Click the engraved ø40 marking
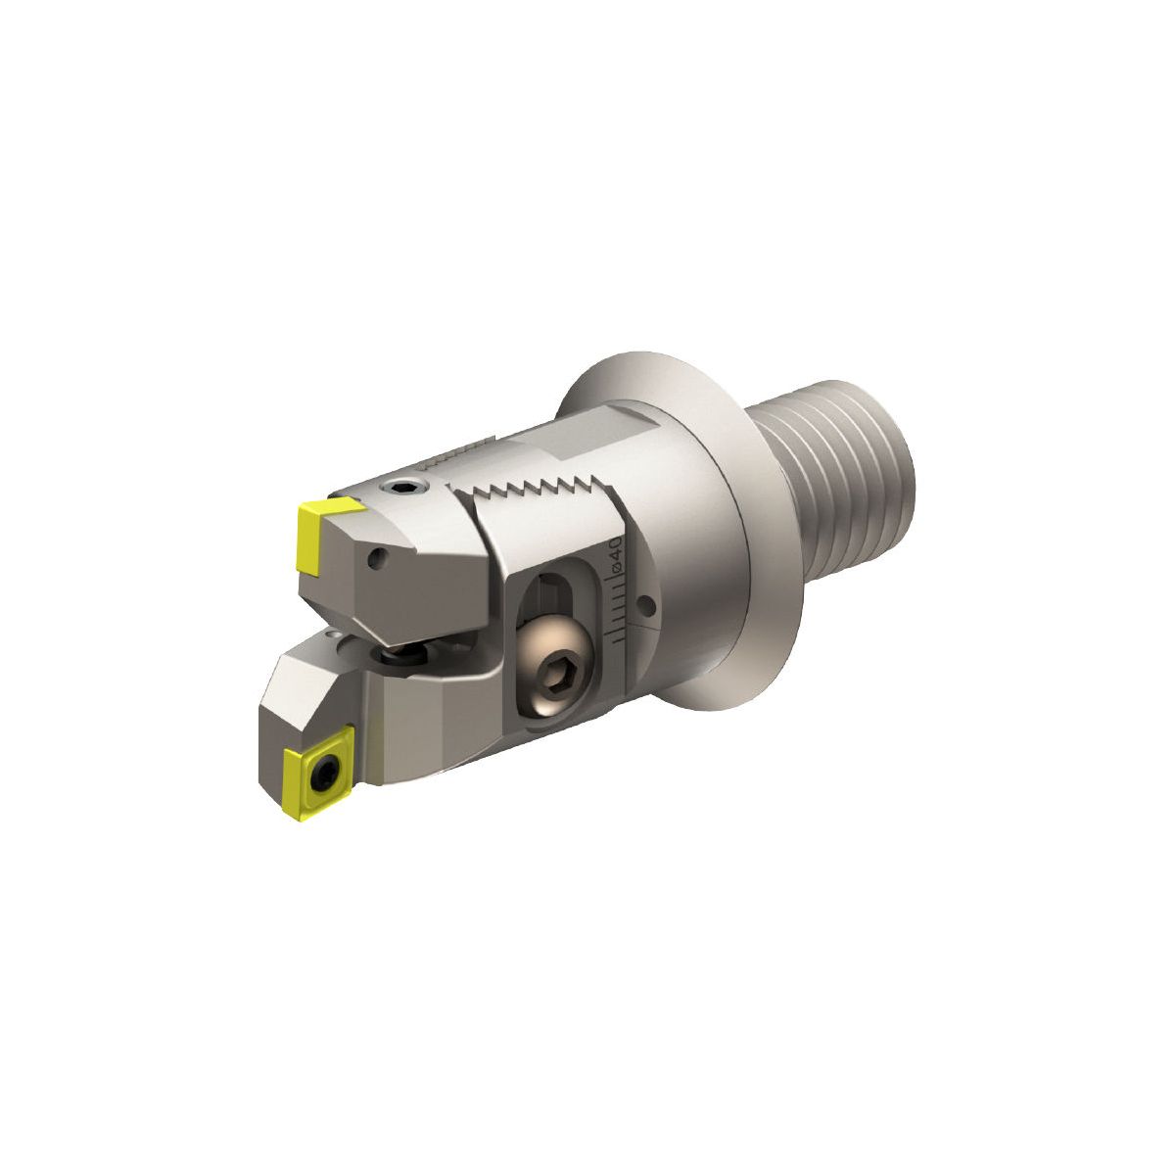(617, 554)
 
